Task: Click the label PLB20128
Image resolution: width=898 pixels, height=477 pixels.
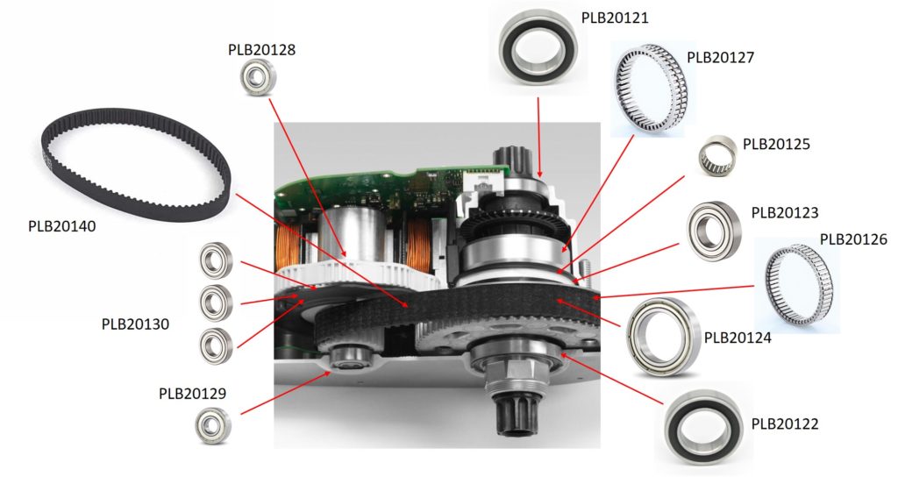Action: (261, 50)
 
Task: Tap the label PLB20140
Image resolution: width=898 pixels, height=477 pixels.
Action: (61, 227)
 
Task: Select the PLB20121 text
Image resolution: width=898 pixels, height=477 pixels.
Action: (615, 18)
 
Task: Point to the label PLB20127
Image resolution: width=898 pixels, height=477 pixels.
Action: (720, 58)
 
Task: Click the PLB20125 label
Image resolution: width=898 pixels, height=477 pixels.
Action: (776, 143)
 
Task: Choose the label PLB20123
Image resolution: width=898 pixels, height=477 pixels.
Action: (785, 213)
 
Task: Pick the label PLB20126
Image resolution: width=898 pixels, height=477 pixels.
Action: (853, 238)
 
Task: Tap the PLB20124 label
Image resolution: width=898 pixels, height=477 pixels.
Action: (738, 336)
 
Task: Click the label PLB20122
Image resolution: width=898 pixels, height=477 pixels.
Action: (785, 424)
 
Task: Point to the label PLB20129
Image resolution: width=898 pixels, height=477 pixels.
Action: (192, 393)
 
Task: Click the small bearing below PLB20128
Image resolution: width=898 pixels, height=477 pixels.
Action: (258, 79)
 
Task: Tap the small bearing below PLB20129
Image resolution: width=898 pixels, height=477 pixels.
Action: (213, 426)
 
